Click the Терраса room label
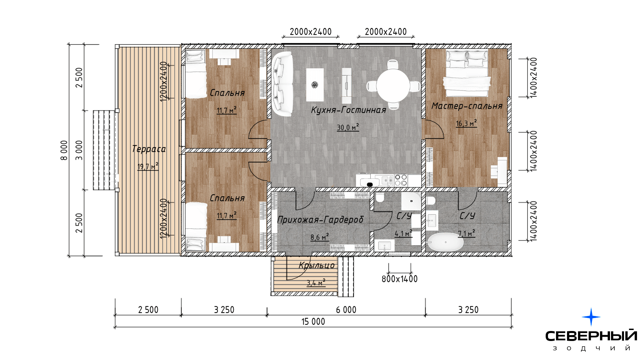pyautogui.click(x=149, y=149)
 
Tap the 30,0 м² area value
pyautogui.click(x=348, y=127)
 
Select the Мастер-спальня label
pyautogui.click(x=467, y=106)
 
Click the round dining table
pyautogui.click(x=393, y=85)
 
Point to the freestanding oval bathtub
pyautogui.click(x=445, y=242)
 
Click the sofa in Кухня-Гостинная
pyautogui.click(x=282, y=84)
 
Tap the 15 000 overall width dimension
pyautogui.click(x=313, y=322)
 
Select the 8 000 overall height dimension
pyautogui.click(x=64, y=150)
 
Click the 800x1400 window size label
pyautogui.click(x=399, y=279)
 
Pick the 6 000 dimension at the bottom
pyautogui.click(x=346, y=310)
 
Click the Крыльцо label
pyautogui.click(x=316, y=265)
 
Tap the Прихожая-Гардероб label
pyautogui.click(x=320, y=220)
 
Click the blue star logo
pyautogui.click(x=591, y=317)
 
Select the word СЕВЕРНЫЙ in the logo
pyautogui.click(x=591, y=336)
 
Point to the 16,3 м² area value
pyautogui.click(x=466, y=123)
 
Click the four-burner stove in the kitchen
pyautogui.click(x=401, y=180)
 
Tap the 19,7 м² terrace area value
pyautogui.click(x=148, y=166)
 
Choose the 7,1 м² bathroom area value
pyautogui.click(x=467, y=233)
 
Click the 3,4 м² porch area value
pyautogui.click(x=316, y=283)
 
